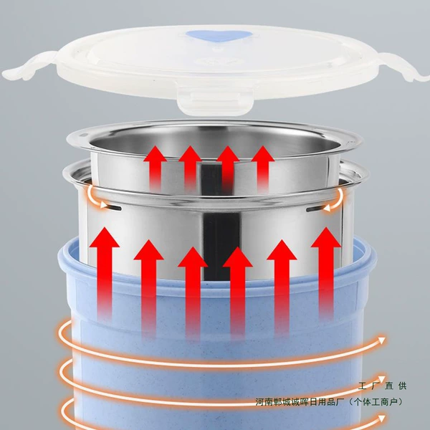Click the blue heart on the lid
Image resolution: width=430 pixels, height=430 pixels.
click(219, 36)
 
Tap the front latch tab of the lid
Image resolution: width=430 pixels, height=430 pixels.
click(215, 101)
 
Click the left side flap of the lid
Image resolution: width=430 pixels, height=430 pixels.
click(29, 66)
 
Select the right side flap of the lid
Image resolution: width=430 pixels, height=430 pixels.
click(402, 67)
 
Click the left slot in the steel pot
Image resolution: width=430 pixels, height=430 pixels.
click(115, 208)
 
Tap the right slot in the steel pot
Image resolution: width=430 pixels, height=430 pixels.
click(315, 209)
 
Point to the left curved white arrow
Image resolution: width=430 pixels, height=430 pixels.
click(95, 198)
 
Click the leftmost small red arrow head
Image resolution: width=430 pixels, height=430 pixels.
click(156, 153)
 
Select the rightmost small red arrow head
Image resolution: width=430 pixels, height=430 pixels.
click(263, 153)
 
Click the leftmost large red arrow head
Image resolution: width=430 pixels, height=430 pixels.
click(105, 237)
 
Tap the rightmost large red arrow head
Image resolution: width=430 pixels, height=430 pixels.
click(326, 237)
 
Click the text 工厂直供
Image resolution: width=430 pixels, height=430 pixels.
click(382, 386)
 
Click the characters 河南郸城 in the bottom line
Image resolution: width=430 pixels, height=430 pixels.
click(272, 402)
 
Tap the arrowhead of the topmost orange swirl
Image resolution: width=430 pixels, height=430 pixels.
click(381, 340)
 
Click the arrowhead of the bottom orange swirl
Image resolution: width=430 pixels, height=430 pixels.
click(381, 419)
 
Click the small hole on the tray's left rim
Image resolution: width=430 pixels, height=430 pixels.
click(84, 135)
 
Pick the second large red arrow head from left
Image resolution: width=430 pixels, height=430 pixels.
click(148, 250)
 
